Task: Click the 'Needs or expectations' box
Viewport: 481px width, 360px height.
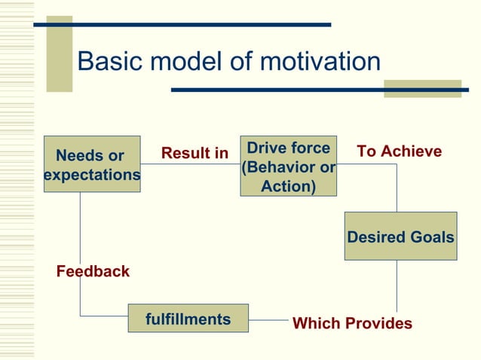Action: click(x=92, y=164)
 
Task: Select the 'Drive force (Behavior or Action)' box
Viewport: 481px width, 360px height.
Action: click(x=288, y=166)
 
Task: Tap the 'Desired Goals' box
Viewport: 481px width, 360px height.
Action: click(x=400, y=236)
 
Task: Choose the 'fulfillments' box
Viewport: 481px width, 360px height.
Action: click(x=188, y=319)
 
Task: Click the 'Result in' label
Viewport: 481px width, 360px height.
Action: click(x=195, y=154)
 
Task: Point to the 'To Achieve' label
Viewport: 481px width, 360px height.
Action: click(x=399, y=151)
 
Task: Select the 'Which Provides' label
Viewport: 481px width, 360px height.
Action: click(x=352, y=324)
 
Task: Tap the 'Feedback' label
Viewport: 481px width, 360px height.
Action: click(x=93, y=271)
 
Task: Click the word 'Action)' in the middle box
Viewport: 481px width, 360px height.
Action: click(x=288, y=185)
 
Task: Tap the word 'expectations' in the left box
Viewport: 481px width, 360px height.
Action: click(x=92, y=175)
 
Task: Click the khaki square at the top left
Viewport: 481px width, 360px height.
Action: click(x=60, y=53)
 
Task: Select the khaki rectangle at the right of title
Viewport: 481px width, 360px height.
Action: click(x=422, y=89)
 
